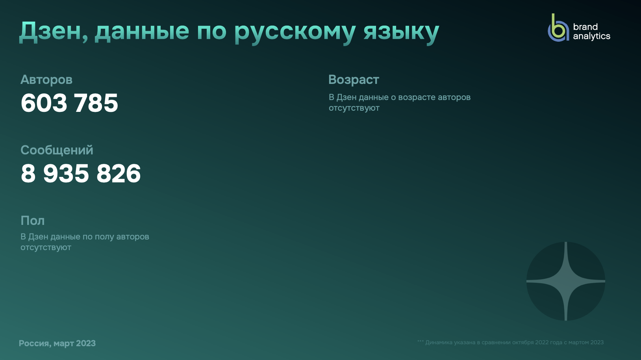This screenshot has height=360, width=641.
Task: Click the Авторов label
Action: click(46, 80)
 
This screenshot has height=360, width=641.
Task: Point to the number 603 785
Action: click(69, 103)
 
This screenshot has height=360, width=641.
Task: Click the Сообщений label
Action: click(57, 150)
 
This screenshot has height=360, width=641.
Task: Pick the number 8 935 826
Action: click(81, 173)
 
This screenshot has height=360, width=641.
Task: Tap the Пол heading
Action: click(32, 221)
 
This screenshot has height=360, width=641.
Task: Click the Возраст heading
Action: click(354, 80)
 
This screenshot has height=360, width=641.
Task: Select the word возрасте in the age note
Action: click(417, 98)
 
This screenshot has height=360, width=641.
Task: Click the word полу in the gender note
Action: click(104, 237)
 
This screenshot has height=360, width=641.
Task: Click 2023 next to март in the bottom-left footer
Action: click(86, 343)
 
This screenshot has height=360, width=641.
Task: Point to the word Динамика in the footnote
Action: click(438, 343)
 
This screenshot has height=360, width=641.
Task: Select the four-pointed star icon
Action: click(566, 281)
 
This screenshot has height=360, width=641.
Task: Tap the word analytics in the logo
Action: click(591, 36)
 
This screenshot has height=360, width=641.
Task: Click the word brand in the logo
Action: click(585, 27)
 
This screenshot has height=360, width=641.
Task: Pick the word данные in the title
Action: click(142, 32)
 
